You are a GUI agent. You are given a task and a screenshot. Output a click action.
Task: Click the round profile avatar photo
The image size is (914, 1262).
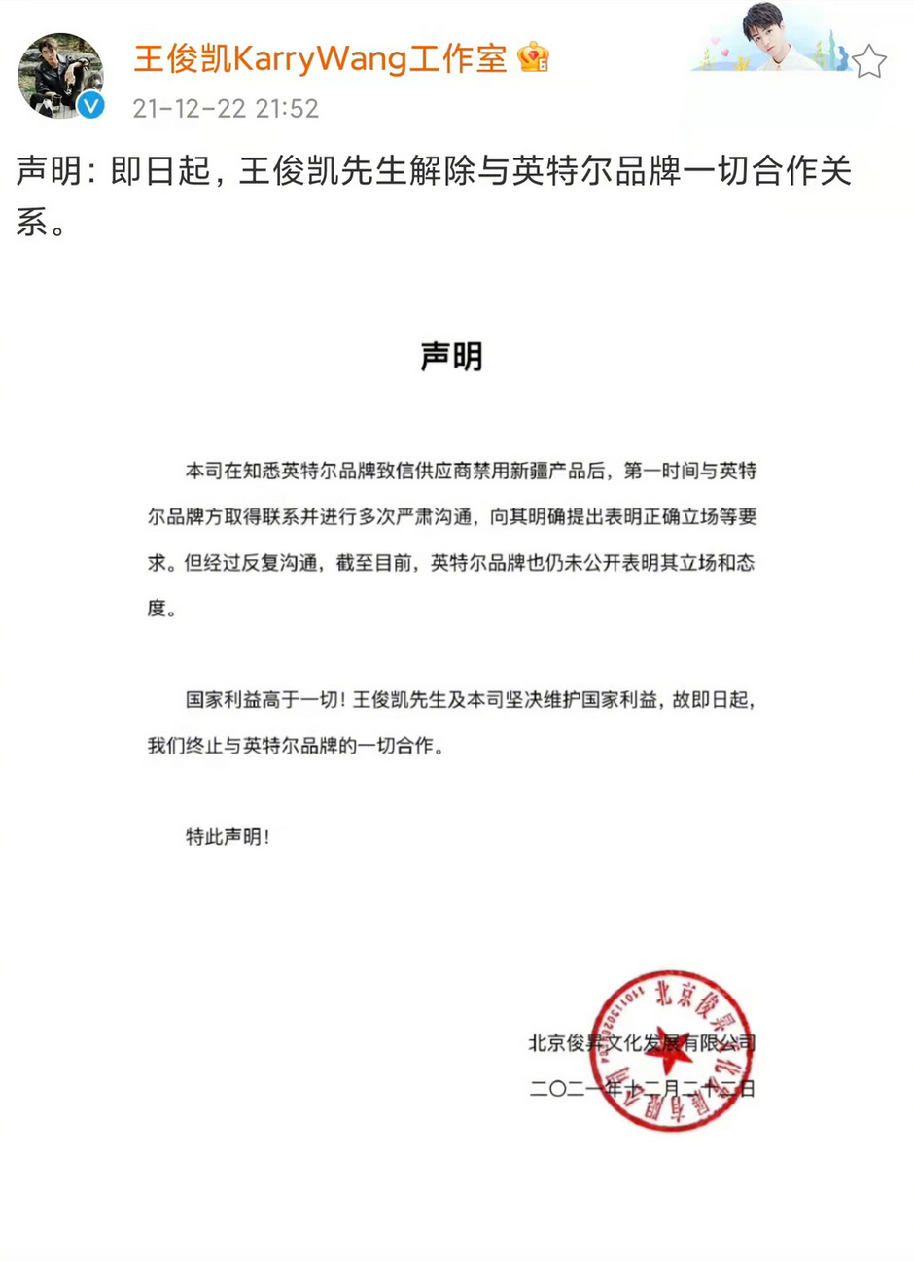(60, 76)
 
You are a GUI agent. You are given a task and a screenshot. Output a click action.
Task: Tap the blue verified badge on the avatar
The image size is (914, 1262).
(91, 105)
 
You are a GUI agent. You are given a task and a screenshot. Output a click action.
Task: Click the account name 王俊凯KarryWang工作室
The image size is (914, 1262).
(320, 58)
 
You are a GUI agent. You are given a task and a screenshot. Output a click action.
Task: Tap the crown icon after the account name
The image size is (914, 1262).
(534, 57)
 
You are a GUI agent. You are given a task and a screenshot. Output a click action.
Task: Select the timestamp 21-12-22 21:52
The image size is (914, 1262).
(226, 108)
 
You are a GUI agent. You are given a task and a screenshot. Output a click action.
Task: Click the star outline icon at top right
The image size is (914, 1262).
(868, 61)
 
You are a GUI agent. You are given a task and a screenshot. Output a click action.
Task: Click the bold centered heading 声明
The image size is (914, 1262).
(451, 357)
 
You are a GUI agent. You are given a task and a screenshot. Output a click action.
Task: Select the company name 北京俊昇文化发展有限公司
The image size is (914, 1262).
(642, 1043)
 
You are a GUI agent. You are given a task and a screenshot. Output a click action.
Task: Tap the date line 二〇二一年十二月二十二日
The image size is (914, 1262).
(642, 1089)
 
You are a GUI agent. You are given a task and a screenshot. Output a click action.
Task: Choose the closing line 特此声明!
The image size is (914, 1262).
(228, 836)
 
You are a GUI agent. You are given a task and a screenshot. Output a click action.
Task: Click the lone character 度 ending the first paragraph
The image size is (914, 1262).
(158, 610)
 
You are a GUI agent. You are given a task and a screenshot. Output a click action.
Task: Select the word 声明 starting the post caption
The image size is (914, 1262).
(47, 172)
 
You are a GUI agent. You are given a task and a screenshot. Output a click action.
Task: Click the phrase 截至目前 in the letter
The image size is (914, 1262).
(375, 564)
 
